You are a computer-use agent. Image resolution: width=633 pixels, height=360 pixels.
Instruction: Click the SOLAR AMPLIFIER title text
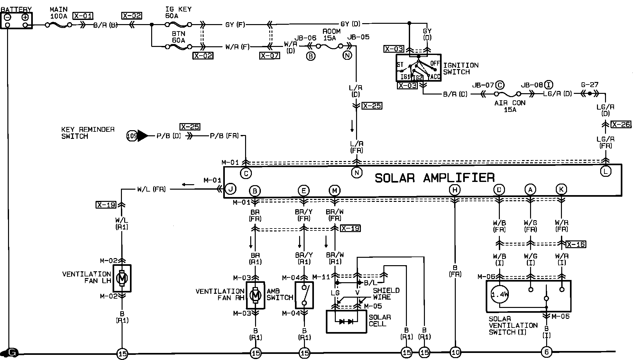point(435,178)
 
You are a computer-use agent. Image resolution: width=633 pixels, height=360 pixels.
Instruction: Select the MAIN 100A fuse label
point(59,13)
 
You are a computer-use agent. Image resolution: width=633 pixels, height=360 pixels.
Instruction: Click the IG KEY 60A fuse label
point(178,13)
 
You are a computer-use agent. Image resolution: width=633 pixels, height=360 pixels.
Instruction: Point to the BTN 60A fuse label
point(179,37)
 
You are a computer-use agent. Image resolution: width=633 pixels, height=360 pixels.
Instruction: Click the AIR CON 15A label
point(510,106)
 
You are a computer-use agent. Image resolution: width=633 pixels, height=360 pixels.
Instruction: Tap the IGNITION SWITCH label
point(461,68)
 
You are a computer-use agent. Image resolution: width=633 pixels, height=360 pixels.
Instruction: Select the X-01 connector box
point(83,16)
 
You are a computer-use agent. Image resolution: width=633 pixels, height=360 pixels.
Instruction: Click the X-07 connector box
point(270,56)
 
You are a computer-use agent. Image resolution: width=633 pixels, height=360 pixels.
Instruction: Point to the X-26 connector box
point(621,124)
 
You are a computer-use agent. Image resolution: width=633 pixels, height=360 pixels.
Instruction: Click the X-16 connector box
point(575,244)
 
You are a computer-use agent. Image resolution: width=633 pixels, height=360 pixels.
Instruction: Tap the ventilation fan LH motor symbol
point(122,278)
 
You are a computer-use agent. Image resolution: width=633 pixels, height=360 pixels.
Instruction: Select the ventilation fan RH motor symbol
point(255,295)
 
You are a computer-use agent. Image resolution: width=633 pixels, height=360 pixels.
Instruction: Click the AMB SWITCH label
point(279,294)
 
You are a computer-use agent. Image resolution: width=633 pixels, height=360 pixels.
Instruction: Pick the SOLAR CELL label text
point(380,320)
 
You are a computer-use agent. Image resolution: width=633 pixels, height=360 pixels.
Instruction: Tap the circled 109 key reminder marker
point(132,136)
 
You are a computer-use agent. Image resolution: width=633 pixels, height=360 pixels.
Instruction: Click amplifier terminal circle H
point(455,190)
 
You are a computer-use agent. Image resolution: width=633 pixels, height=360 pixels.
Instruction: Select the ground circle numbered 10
point(456,353)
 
